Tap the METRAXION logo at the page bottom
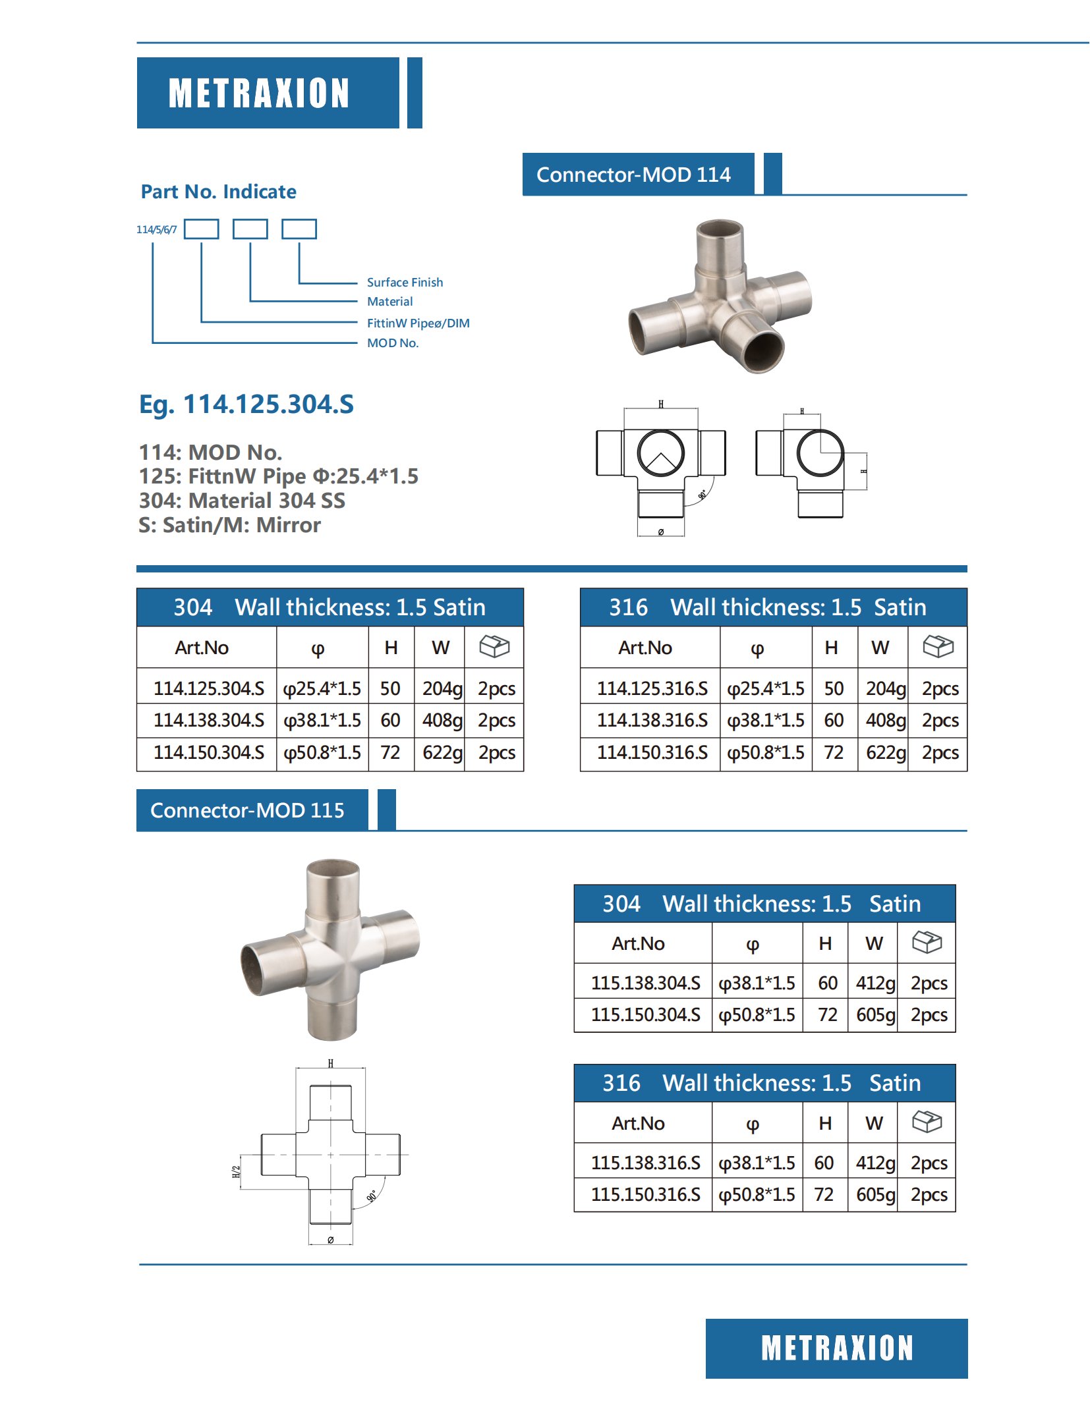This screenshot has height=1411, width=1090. tap(836, 1348)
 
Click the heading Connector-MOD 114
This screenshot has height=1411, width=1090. tap(633, 175)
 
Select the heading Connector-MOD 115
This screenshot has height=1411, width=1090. tap(247, 810)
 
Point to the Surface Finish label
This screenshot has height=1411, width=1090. tap(405, 282)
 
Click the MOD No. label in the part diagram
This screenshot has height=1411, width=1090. tap(393, 343)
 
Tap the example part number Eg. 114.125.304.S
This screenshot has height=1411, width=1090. tap(246, 404)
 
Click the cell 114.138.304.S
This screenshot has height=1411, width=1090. tap(208, 720)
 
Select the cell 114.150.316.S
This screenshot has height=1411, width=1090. tap(652, 752)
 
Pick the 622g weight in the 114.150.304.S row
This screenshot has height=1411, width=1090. tap(442, 752)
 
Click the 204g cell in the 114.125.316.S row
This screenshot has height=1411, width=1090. tap(885, 688)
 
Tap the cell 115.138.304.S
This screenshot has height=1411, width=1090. tap(645, 983)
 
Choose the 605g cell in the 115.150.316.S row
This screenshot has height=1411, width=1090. tap(875, 1194)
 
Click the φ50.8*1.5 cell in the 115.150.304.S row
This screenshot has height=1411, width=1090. tap(757, 1014)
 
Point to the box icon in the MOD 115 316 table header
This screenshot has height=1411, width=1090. tap(927, 1122)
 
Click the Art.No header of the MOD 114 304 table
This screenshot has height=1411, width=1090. tap(202, 648)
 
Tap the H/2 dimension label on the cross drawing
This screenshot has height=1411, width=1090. tap(236, 1172)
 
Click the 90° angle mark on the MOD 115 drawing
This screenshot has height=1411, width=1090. tap(372, 1196)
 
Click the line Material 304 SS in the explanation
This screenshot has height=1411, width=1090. tap(242, 501)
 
